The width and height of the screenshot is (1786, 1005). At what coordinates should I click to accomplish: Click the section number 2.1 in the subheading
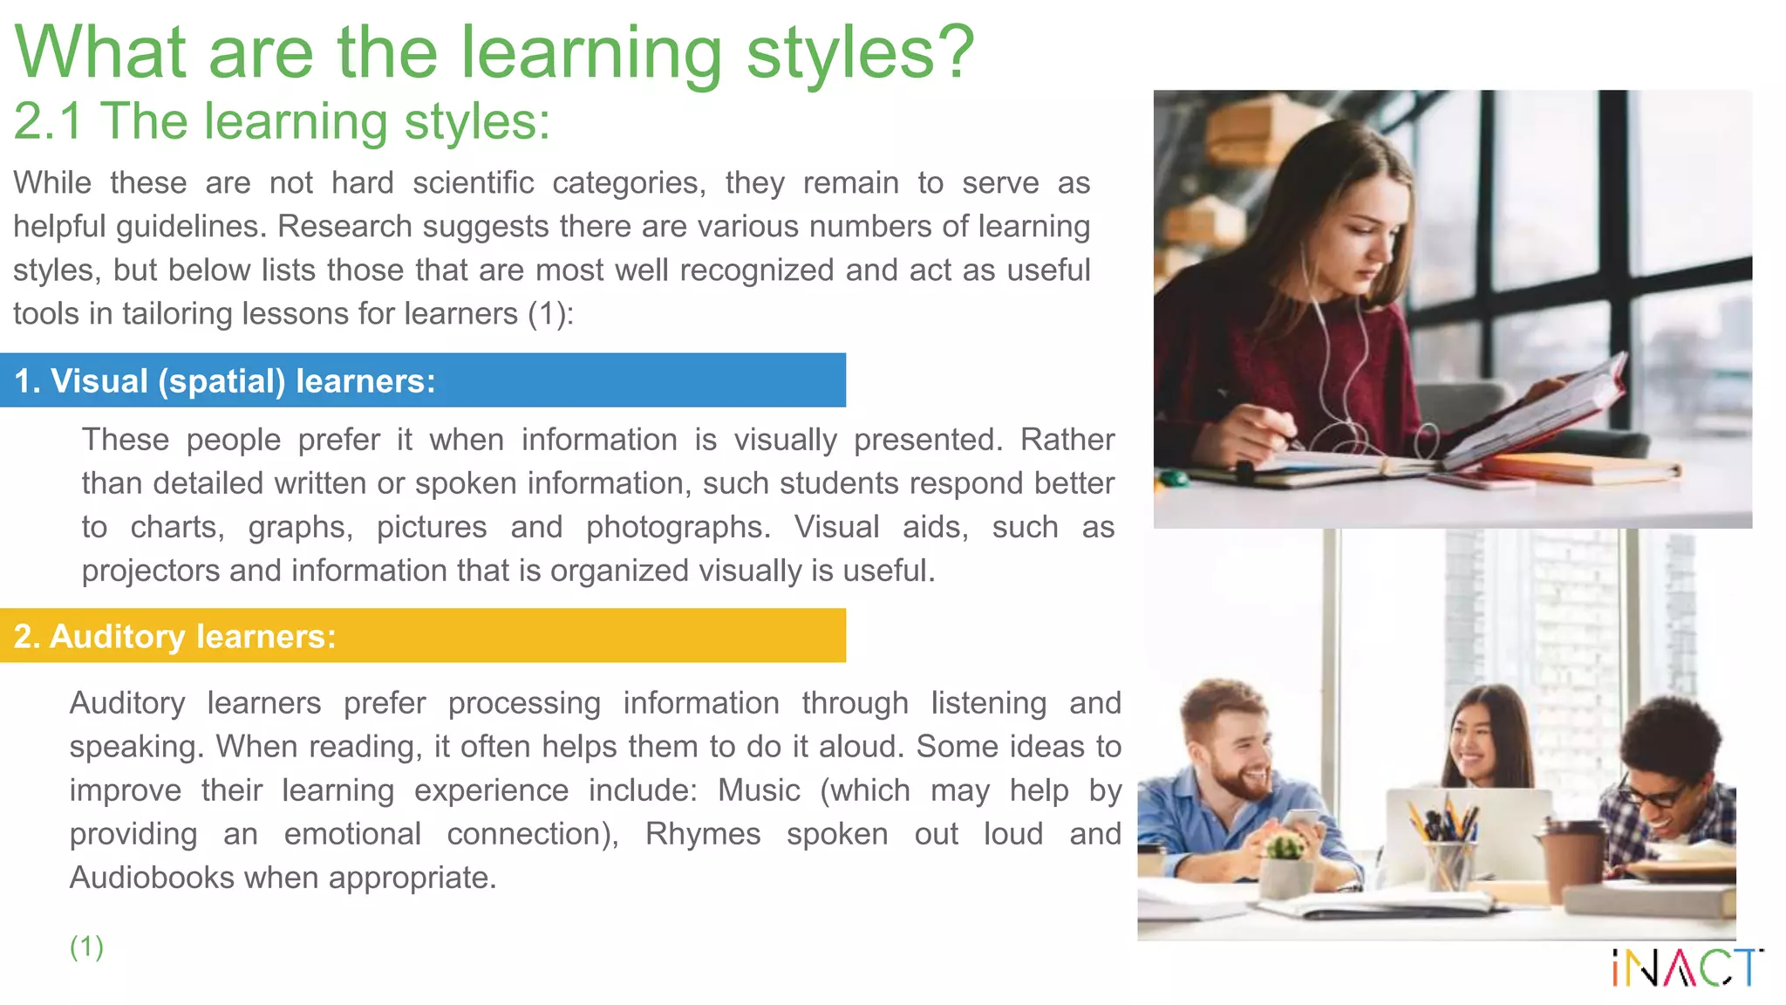click(x=48, y=121)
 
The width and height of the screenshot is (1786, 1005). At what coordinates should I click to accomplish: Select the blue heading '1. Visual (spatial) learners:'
click(x=225, y=381)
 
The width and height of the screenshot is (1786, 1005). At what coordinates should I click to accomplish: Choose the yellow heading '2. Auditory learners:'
click(x=174, y=636)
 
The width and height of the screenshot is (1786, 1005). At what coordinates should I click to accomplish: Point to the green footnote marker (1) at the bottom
click(x=86, y=946)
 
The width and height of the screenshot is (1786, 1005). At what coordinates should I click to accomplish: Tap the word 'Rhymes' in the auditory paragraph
click(x=702, y=834)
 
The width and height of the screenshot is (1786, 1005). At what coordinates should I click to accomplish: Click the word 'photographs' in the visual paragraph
click(x=678, y=527)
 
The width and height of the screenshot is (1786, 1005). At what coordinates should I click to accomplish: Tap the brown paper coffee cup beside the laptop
click(x=1574, y=859)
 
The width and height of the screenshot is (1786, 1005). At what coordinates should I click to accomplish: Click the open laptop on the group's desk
click(x=1474, y=829)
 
